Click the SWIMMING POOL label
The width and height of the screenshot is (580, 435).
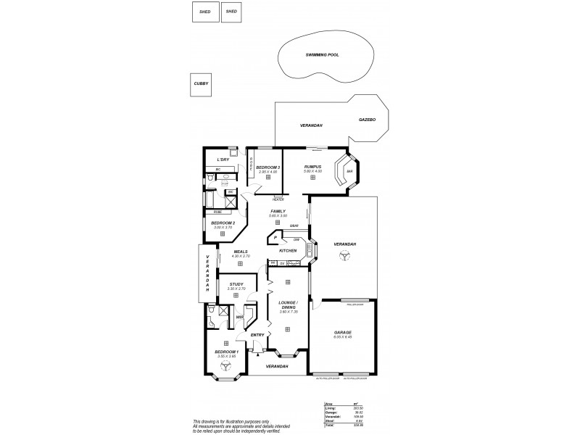(x=323, y=55)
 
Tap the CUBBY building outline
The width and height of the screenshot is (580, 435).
(x=201, y=84)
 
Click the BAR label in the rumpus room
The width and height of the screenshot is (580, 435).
(x=349, y=172)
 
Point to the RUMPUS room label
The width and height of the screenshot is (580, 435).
(x=312, y=167)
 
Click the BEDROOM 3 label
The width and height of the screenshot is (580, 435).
(x=268, y=167)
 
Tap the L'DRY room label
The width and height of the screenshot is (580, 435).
(x=223, y=159)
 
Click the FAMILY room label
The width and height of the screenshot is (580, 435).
(x=278, y=211)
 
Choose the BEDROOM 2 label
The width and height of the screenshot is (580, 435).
(x=223, y=223)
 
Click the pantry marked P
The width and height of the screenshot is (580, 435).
(x=276, y=237)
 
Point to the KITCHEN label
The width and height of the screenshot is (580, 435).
(x=289, y=251)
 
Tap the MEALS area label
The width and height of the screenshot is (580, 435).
(x=240, y=252)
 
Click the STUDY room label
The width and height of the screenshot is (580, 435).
(x=236, y=284)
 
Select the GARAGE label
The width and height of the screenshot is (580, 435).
(x=342, y=332)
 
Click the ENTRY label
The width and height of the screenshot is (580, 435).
(x=256, y=335)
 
